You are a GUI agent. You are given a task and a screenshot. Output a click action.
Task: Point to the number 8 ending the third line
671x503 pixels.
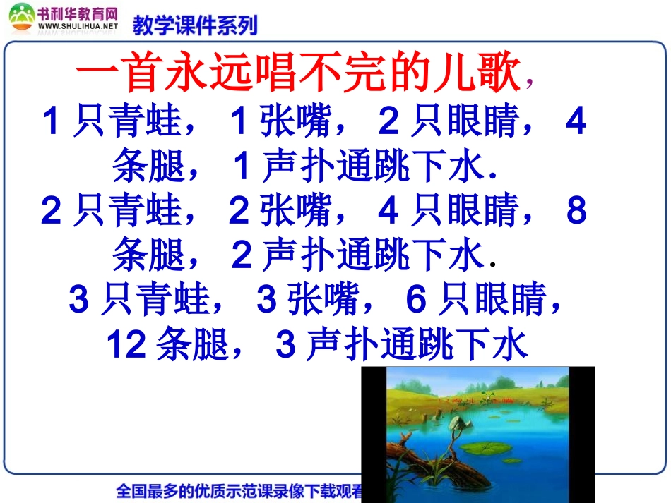coord(576,211)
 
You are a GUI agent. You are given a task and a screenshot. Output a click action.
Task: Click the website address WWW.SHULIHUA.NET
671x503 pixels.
coord(78,26)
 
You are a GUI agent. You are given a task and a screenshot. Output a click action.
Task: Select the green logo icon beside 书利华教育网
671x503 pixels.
coord(21,17)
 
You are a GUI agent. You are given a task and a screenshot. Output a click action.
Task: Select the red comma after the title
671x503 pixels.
coord(530,83)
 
